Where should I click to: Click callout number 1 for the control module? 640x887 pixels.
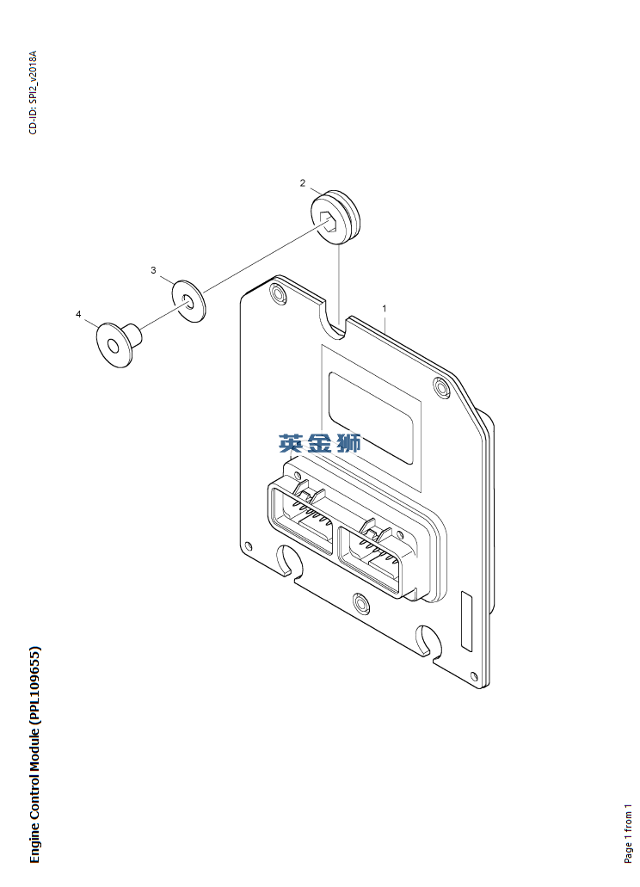click(x=385, y=308)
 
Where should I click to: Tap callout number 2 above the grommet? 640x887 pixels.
click(x=303, y=182)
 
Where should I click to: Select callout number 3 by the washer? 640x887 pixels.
click(x=153, y=270)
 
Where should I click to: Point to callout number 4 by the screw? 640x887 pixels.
click(x=78, y=314)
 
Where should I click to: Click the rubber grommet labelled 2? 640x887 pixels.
click(x=335, y=218)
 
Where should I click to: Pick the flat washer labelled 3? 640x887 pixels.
click(x=189, y=300)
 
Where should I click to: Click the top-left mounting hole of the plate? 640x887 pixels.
click(x=278, y=293)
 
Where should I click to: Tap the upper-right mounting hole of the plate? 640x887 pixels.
click(x=442, y=387)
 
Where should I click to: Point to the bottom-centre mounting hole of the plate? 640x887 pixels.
click(x=361, y=604)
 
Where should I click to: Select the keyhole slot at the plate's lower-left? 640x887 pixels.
click(x=289, y=561)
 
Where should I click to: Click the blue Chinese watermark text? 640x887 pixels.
click(x=320, y=443)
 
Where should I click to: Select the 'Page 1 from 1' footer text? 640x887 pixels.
click(x=628, y=834)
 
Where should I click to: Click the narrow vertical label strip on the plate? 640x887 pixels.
click(x=466, y=620)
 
